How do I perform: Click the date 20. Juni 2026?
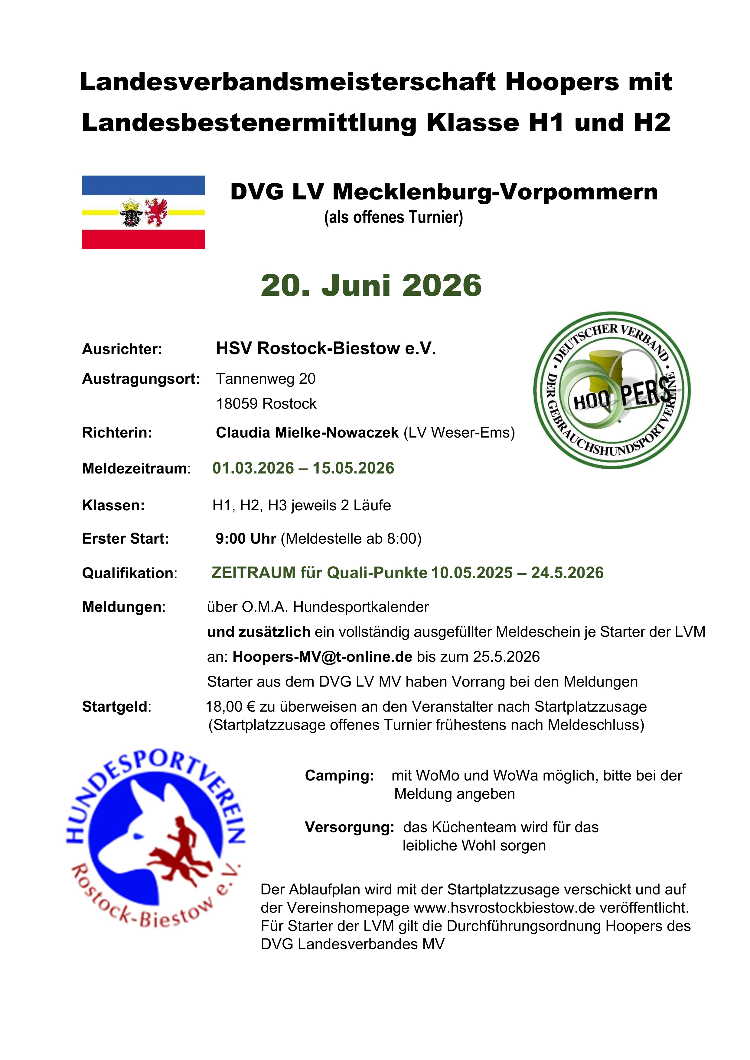coord(371,286)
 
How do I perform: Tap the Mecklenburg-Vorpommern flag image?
coord(143,212)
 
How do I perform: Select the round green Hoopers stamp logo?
coord(611,390)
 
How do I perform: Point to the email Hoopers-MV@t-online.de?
coord(322,657)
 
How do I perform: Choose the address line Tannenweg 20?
coord(266,379)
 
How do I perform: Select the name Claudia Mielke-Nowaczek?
coord(307,433)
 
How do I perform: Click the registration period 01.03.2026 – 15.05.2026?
coord(303,468)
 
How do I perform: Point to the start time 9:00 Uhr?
coord(246,539)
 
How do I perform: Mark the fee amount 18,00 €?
coord(230,707)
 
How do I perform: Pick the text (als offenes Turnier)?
coord(393,217)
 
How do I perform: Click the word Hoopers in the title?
coord(562,82)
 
